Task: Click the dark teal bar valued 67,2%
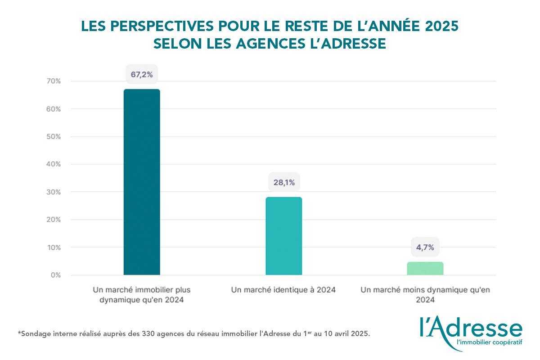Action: [142, 182]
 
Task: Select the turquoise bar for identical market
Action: [284, 236]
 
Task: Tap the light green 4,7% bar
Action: [425, 268]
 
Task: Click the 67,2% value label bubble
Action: [142, 75]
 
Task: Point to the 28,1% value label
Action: [284, 182]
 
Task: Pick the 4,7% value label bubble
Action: [425, 247]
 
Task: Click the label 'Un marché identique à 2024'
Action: [283, 290]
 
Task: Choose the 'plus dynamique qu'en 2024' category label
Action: [142, 295]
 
